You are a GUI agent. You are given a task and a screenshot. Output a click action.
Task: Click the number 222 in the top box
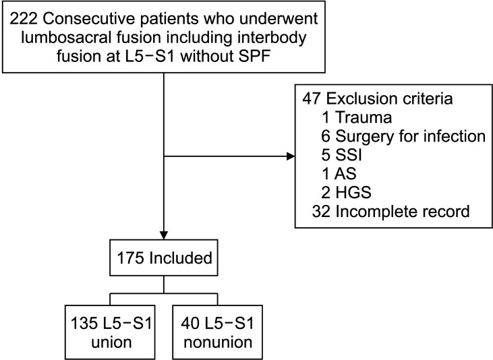24,19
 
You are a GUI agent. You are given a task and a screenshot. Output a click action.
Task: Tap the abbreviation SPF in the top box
257,57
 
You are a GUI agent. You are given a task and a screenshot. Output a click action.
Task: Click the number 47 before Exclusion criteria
312,98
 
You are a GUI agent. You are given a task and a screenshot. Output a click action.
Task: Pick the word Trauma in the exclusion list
364,117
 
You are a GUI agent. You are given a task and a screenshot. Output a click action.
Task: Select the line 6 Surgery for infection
403,136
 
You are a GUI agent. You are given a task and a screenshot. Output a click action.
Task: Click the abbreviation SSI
349,155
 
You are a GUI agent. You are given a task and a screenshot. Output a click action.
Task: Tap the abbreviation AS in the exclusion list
345,174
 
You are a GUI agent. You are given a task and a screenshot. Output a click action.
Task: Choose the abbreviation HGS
353,192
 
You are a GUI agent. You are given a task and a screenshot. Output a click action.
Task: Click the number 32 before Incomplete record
321,211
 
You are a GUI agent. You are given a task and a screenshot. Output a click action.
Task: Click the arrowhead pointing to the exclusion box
291,156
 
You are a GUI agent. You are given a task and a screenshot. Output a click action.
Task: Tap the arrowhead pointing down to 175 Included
164,235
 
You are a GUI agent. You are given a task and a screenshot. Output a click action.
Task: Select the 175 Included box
164,258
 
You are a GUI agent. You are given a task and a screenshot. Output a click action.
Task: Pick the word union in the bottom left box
111,342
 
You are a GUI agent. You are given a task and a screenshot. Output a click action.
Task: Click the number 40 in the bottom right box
190,324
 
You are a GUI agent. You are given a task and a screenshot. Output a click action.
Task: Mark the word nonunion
218,342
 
